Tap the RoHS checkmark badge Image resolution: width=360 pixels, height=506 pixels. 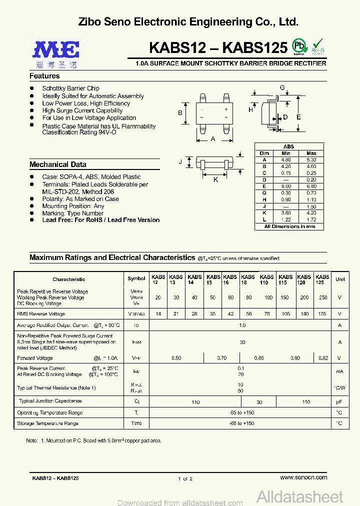(x=318, y=46)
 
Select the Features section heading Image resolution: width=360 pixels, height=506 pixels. (x=44, y=76)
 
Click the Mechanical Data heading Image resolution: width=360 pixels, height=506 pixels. (x=57, y=164)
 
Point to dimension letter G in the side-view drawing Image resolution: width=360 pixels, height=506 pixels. (x=282, y=88)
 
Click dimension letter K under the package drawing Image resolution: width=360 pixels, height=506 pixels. (x=216, y=179)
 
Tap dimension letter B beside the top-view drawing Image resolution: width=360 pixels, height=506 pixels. (x=180, y=113)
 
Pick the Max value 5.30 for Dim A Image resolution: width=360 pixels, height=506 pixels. (x=311, y=159)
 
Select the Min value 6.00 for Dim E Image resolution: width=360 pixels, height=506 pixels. (x=286, y=186)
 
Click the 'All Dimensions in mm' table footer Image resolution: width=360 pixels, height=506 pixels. (x=289, y=226)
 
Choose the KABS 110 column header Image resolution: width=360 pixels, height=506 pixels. (x=267, y=279)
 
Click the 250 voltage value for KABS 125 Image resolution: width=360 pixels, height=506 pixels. (x=322, y=297)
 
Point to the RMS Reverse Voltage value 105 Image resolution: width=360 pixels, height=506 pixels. (x=285, y=314)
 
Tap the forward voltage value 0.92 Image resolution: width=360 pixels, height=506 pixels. (x=322, y=358)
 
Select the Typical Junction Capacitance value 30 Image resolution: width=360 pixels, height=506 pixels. (x=259, y=401)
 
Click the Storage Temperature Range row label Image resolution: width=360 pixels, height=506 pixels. (x=47, y=423)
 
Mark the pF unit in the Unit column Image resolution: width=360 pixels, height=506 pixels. (x=339, y=401)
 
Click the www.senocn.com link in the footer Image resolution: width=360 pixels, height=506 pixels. (x=303, y=477)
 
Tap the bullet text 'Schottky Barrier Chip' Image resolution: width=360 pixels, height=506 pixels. (x=70, y=88)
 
